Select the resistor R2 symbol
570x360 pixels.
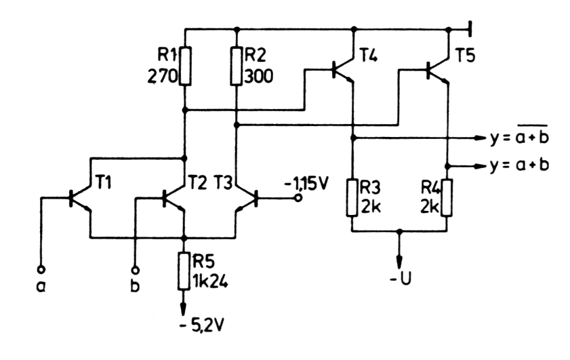point(236,65)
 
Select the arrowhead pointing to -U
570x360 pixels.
point(400,262)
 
